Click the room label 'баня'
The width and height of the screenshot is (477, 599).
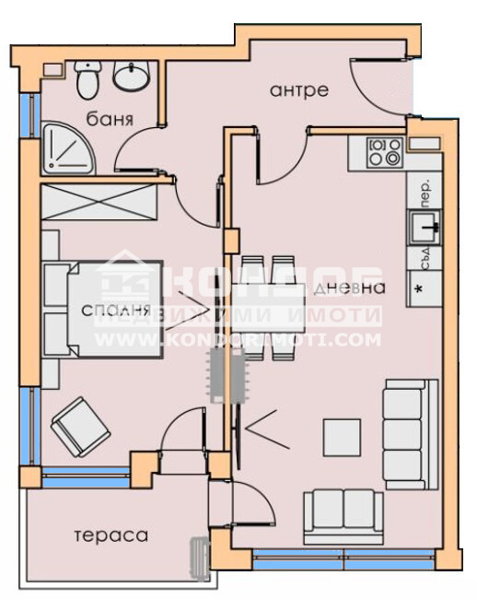point(111,120)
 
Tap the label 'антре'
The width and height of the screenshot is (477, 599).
point(299,89)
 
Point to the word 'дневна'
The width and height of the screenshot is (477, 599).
point(348,288)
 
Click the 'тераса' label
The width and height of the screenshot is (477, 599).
point(111,535)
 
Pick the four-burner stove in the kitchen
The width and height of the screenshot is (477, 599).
point(384,152)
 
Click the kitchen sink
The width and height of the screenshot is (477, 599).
point(425,223)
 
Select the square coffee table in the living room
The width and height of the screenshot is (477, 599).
point(343,435)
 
